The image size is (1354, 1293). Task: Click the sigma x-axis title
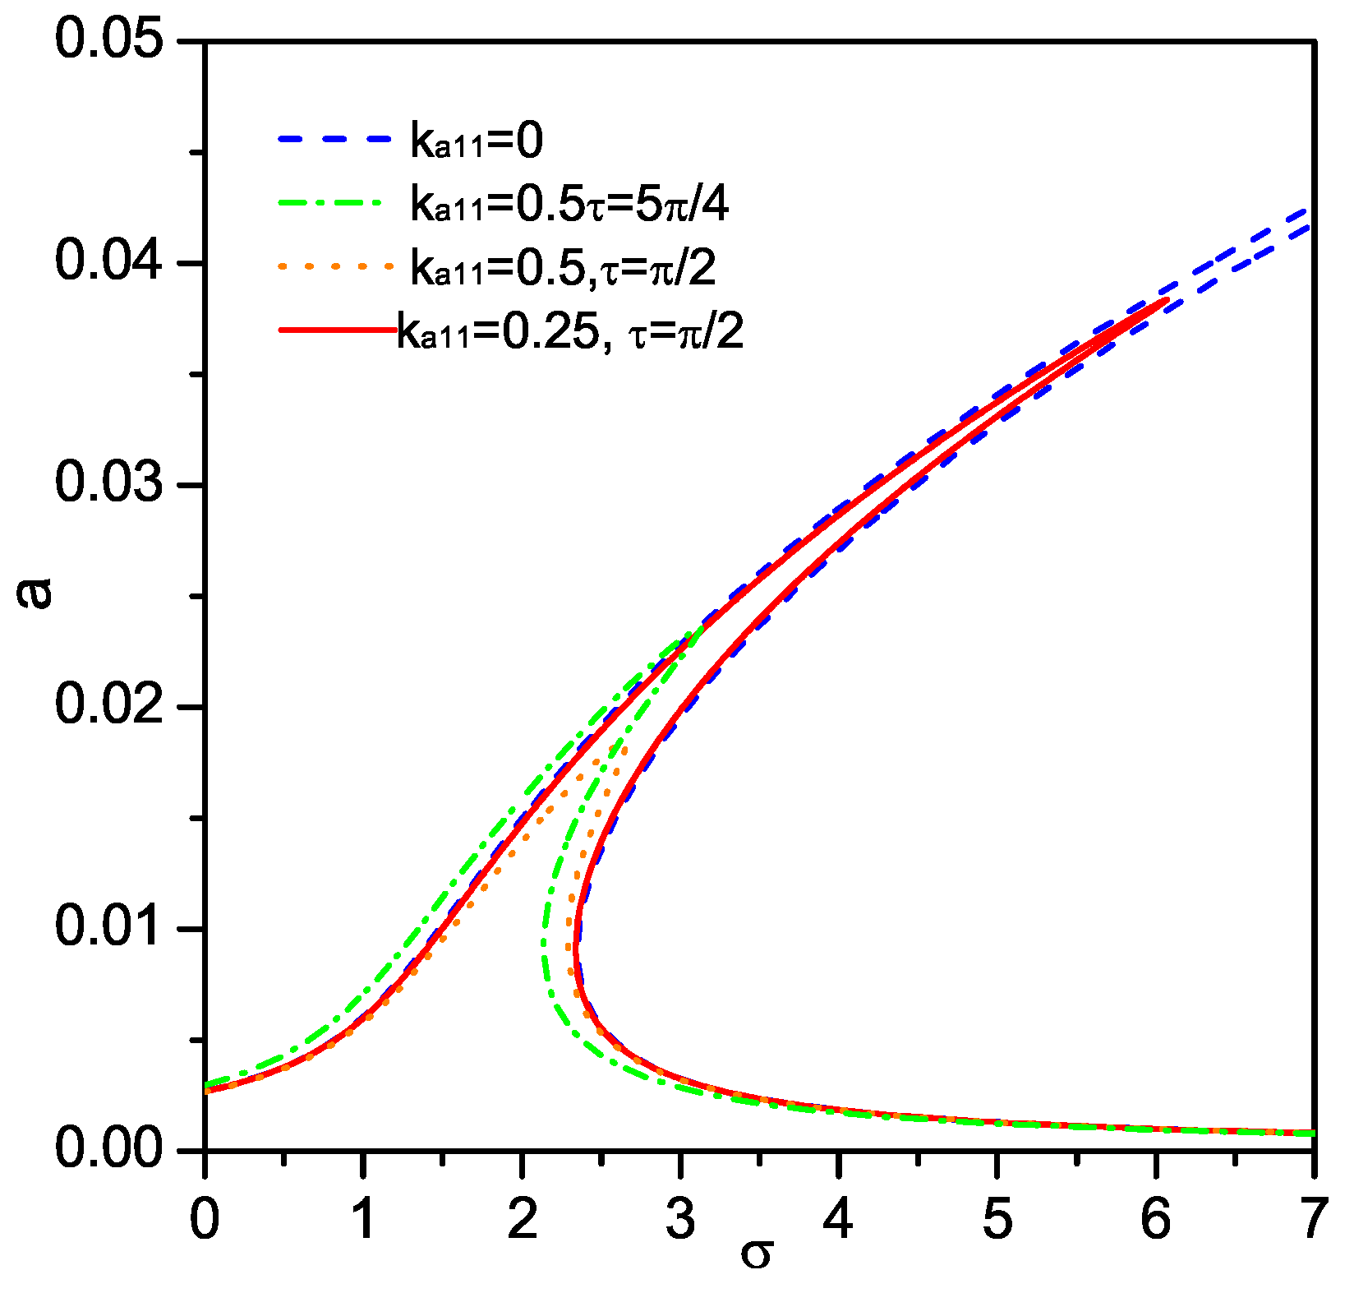[756, 1254]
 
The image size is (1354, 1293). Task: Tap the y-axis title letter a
[35, 592]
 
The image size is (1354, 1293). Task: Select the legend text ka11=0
[477, 142]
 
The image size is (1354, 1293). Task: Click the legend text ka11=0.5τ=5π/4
[569, 205]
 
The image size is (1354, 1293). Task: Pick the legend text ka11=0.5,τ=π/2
[564, 268]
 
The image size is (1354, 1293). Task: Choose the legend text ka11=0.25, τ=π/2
[570, 332]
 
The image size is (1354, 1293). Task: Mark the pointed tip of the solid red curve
[1167, 300]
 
